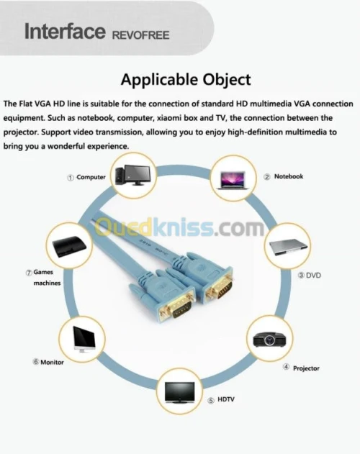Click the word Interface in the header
point(65,31)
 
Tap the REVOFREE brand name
point(140,35)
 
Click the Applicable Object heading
point(186,79)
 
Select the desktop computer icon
point(132,175)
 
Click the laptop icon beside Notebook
point(233,181)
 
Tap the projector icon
point(269,339)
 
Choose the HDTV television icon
point(180,392)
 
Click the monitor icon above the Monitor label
point(84,340)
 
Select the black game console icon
point(69,247)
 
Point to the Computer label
point(91,177)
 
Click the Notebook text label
point(289,176)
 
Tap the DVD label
point(314,275)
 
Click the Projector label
point(306,368)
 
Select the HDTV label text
point(226,399)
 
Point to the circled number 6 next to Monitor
point(36,362)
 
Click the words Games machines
point(47,278)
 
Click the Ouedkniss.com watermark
point(180,227)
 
